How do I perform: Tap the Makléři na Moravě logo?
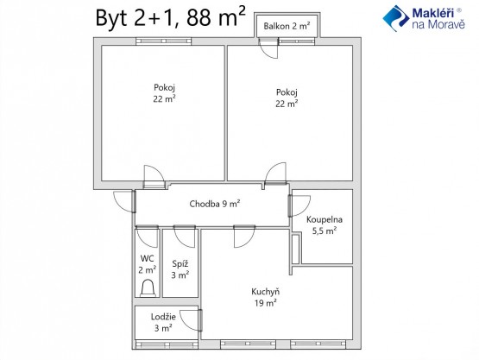point(424,18)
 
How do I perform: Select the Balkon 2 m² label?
point(287,26)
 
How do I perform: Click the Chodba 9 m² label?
point(214,204)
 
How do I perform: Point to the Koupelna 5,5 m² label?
point(325,224)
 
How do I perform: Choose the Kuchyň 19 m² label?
point(266,297)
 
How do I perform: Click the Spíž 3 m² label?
point(180,269)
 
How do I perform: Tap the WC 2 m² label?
point(148,264)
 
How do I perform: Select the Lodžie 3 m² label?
point(163,322)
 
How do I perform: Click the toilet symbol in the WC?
point(148,287)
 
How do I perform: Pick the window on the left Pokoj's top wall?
point(163,41)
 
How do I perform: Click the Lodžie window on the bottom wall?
point(167,345)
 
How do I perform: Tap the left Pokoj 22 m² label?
point(164,93)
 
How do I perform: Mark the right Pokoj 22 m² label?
point(287,98)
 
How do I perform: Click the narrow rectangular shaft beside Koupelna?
point(296,249)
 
